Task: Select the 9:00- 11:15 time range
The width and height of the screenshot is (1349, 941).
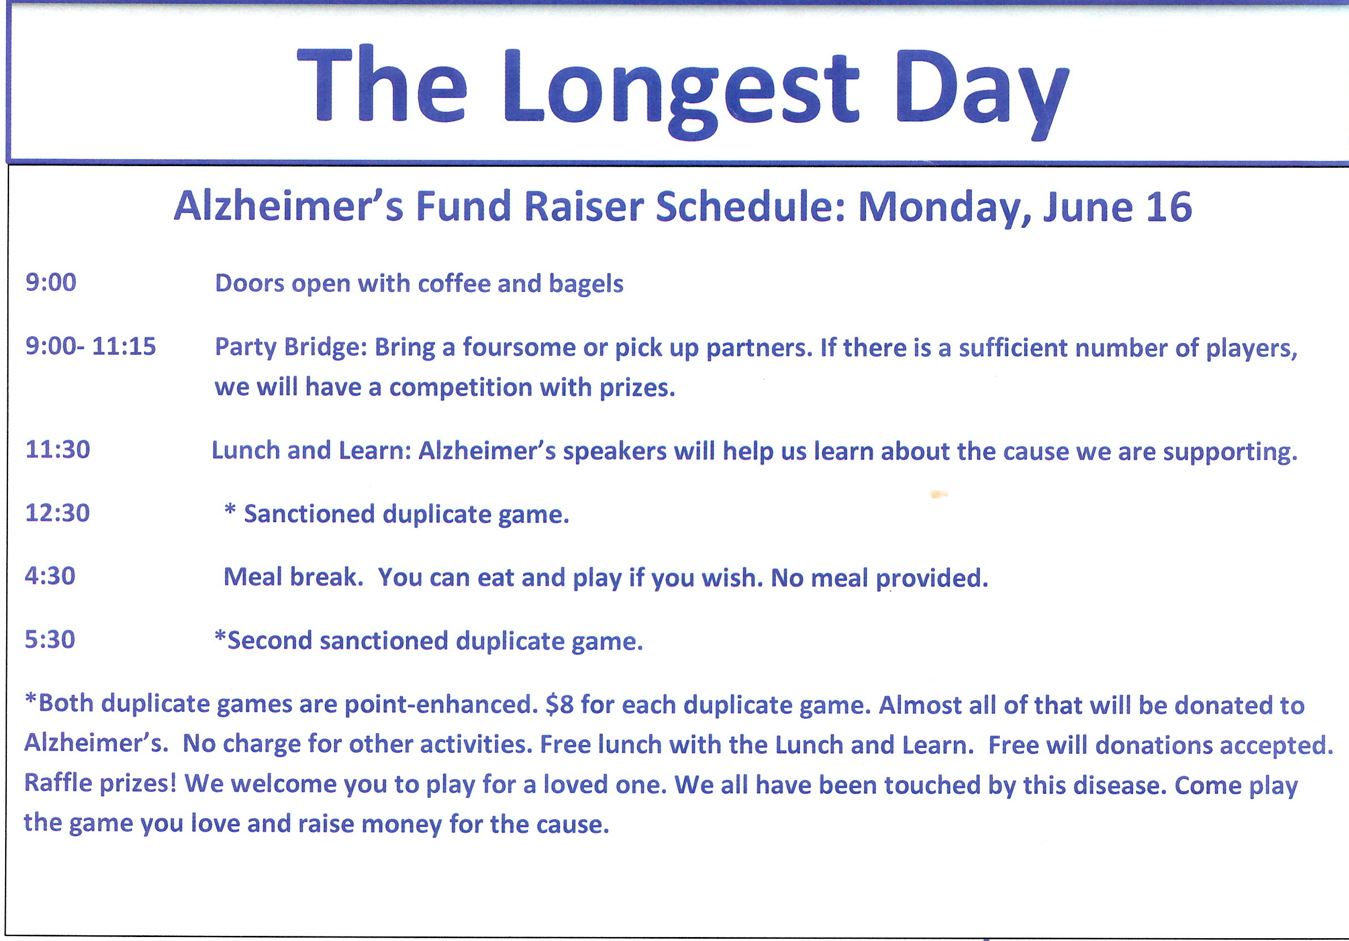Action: (91, 346)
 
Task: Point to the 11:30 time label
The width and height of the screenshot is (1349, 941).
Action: (58, 450)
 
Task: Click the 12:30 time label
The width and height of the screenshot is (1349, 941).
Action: (57, 513)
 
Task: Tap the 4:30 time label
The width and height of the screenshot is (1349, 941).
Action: (50, 575)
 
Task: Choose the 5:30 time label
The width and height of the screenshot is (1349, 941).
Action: (50, 639)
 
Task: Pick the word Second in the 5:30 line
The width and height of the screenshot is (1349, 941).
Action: (270, 640)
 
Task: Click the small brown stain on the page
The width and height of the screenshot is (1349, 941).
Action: (939, 494)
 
